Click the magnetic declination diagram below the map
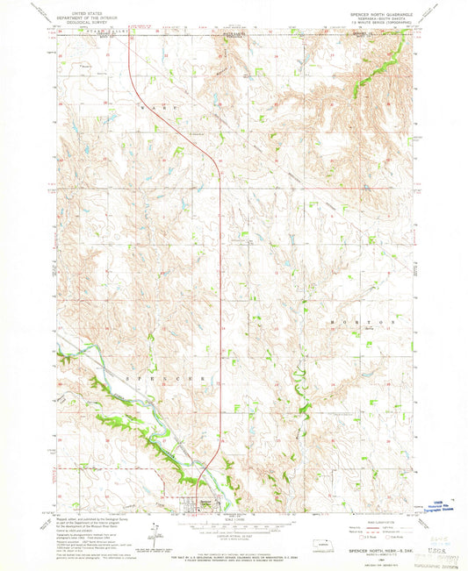click(154, 532)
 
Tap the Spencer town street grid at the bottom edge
click(198, 504)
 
